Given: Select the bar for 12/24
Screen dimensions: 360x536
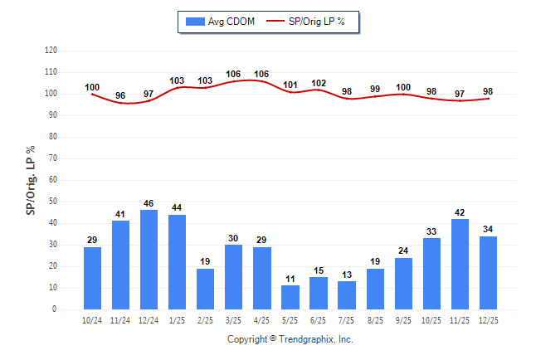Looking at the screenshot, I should [x=149, y=260].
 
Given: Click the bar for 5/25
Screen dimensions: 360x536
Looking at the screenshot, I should [x=290, y=297].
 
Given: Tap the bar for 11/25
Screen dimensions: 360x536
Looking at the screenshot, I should [x=460, y=264].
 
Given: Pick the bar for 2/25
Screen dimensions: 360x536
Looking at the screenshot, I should [x=206, y=289].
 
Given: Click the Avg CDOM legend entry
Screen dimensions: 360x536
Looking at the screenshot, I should [x=221, y=21].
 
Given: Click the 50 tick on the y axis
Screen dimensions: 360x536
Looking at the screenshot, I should [x=52, y=202].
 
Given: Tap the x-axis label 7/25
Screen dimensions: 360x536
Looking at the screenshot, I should [x=347, y=319].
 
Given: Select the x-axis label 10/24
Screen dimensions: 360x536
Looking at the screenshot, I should [x=93, y=319].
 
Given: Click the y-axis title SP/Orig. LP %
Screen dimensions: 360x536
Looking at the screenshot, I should [x=31, y=178].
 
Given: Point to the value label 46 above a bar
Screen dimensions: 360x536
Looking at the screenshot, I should [x=149, y=203].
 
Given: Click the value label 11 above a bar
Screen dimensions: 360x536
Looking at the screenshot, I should [x=290, y=279].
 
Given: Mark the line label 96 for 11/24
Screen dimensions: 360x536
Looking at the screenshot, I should [x=121, y=96].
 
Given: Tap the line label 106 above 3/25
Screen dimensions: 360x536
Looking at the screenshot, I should [x=234, y=75].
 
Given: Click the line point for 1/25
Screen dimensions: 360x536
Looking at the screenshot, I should [x=178, y=87].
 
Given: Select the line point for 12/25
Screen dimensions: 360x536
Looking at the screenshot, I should [x=488, y=98].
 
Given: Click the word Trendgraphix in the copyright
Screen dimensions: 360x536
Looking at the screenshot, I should [x=306, y=339].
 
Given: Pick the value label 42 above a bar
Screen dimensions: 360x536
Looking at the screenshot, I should [x=460, y=212].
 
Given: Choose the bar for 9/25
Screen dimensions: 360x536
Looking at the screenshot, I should [x=403, y=284].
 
